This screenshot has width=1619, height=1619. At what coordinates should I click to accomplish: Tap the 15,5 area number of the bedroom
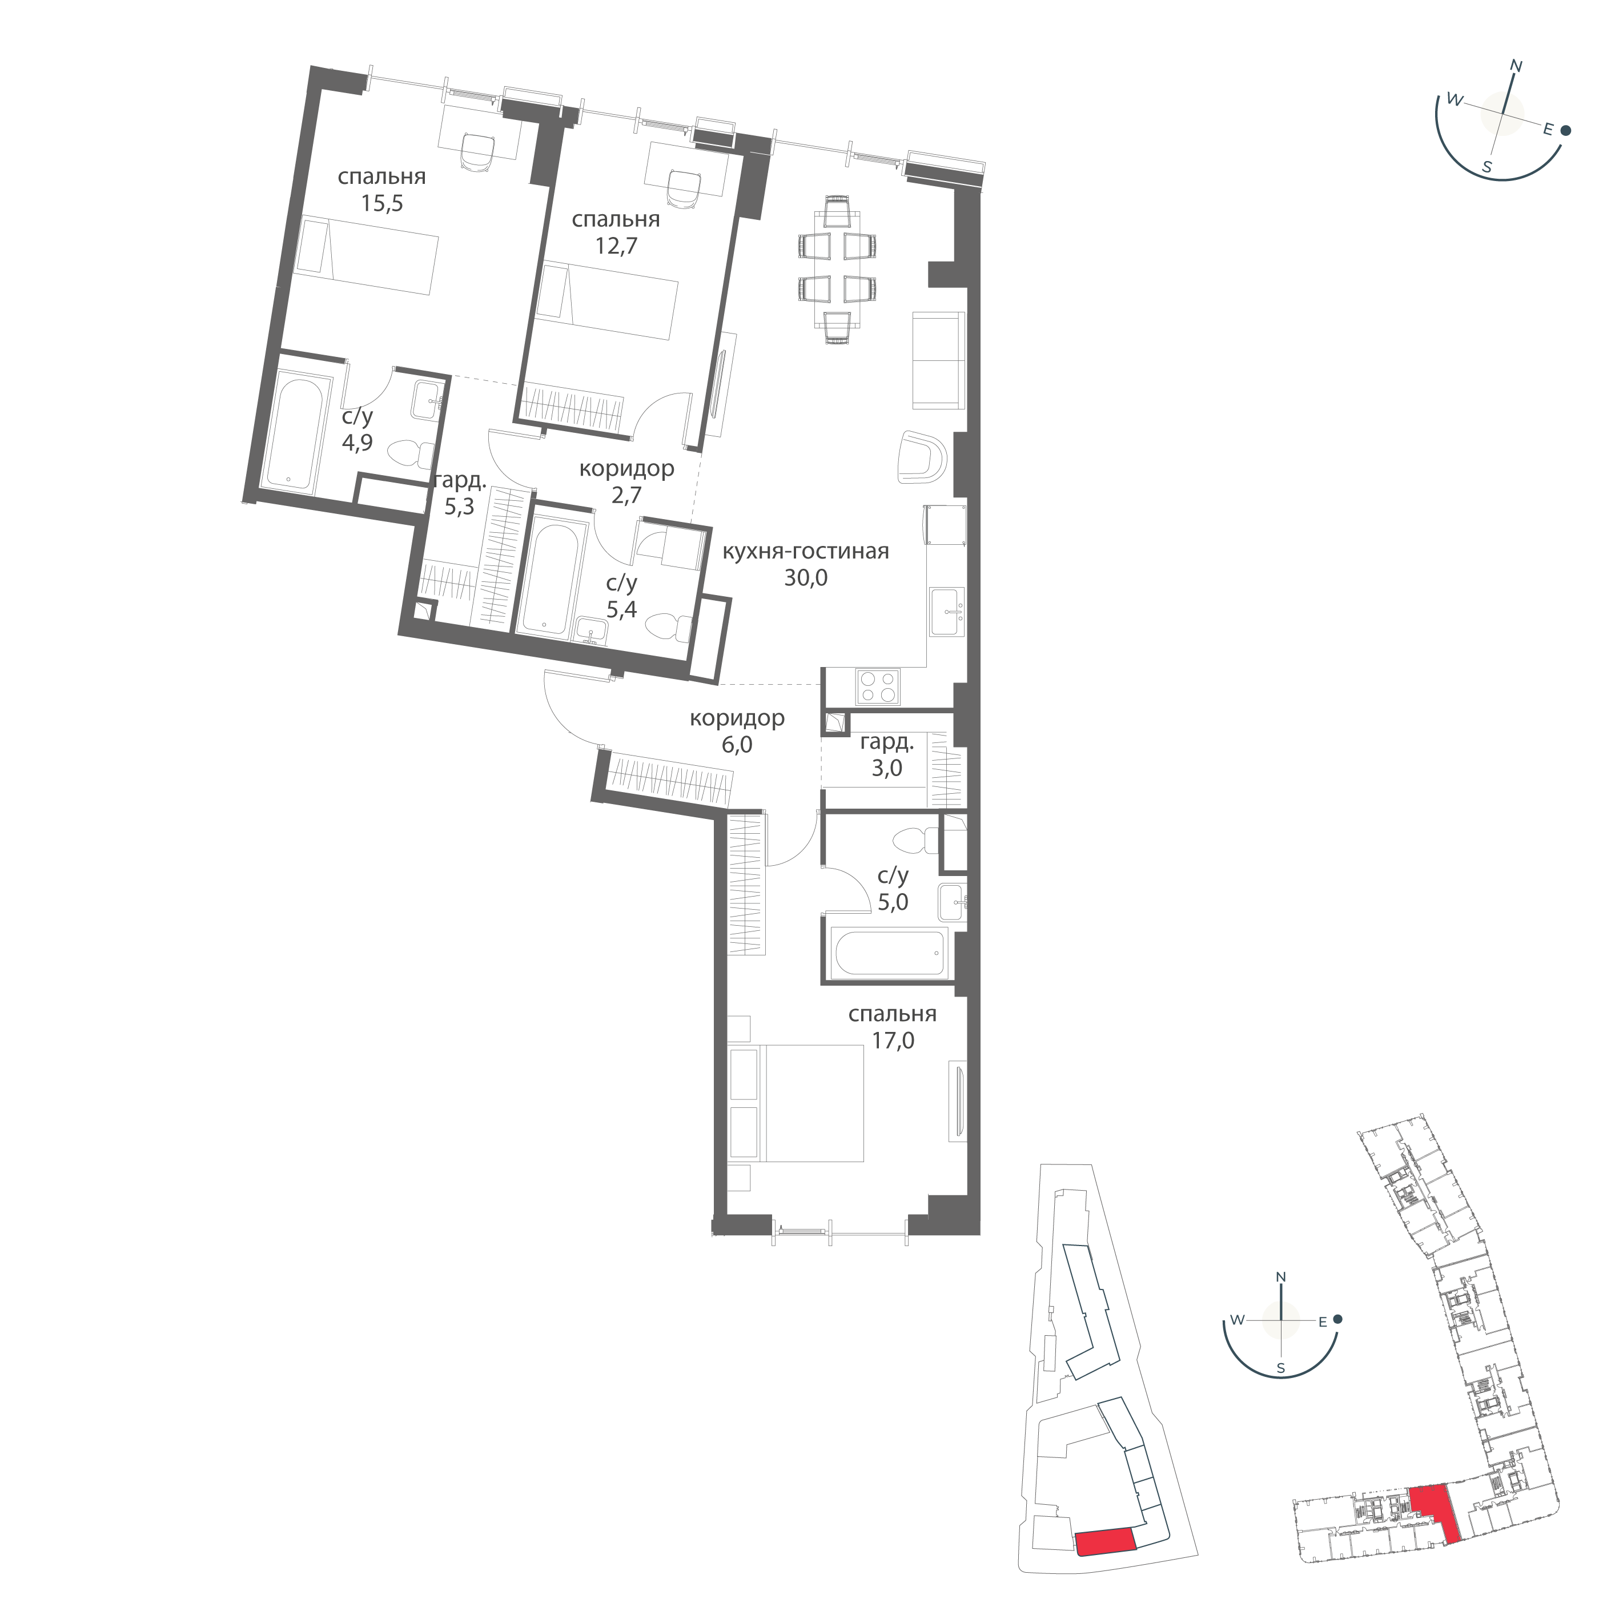tap(382, 204)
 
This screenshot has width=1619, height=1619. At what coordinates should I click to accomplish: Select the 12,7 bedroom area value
tap(616, 246)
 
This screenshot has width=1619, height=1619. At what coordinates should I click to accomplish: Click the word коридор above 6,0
tap(737, 718)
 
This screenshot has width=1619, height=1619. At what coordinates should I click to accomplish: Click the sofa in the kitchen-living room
tap(938, 360)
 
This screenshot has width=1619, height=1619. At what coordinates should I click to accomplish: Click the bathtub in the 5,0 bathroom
tap(888, 953)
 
